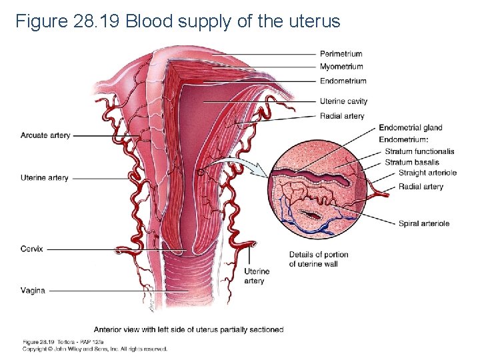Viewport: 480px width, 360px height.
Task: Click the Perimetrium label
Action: pos(341,54)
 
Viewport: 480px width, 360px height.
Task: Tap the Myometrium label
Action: pos(341,67)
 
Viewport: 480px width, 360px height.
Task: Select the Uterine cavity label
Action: pos(343,101)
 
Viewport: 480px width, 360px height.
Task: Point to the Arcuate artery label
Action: pos(45,135)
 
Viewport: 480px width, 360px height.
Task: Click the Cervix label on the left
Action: pos(32,249)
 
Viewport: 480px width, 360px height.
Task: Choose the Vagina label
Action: pos(33,290)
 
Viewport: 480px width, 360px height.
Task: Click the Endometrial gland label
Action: pos(410,128)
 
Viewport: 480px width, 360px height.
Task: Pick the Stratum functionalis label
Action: pos(419,151)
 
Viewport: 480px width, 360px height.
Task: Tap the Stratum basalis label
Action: pos(412,162)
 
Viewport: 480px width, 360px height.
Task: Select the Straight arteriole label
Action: pos(427,173)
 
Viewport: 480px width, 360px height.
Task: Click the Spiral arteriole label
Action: pos(424,223)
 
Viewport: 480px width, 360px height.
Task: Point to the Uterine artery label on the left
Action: pos(45,178)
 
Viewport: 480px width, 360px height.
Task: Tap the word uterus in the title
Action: pos(314,22)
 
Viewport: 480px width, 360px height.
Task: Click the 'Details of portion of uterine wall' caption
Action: pos(318,259)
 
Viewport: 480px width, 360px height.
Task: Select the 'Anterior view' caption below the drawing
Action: pos(189,329)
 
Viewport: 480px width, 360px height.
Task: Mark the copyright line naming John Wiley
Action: pos(95,349)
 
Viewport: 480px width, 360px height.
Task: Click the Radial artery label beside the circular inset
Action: pos(421,187)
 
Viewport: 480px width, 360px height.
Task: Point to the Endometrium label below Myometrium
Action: pos(343,81)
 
